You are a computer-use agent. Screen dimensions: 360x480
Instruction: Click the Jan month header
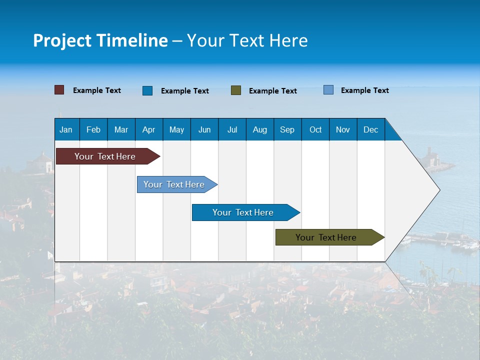click(x=66, y=129)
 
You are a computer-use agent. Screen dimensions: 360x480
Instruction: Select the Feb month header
click(x=93, y=129)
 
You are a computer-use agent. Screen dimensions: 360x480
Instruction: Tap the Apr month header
click(x=148, y=129)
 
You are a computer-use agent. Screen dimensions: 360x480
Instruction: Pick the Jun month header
click(x=204, y=129)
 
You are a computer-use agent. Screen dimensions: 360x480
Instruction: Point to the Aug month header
click(x=259, y=129)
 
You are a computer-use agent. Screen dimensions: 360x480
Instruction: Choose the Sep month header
click(x=287, y=129)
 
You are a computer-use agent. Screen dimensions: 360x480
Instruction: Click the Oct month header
click(x=315, y=129)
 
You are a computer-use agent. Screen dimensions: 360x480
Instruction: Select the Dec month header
click(x=370, y=129)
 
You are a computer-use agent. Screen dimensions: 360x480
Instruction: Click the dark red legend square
click(x=59, y=90)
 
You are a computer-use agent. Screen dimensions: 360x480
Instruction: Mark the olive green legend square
click(x=236, y=90)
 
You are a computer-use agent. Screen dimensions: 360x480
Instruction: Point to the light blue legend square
click(x=328, y=90)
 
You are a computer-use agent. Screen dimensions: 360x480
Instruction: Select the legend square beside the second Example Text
click(x=147, y=90)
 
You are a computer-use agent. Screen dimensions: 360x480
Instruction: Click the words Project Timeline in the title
click(x=100, y=40)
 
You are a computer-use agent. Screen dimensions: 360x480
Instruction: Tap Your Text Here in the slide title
click(x=247, y=40)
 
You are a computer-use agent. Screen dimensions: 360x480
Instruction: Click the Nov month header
click(x=343, y=129)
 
